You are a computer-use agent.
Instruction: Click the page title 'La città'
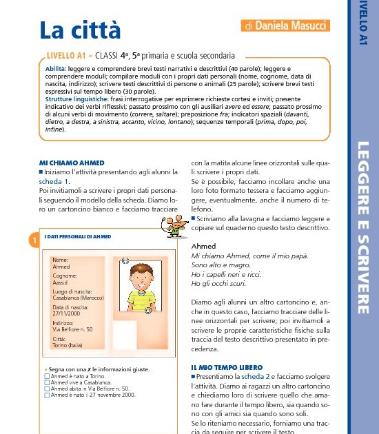(x=80, y=30)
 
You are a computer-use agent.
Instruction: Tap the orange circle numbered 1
(x=32, y=240)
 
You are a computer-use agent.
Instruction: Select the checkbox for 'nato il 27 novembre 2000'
(x=47, y=395)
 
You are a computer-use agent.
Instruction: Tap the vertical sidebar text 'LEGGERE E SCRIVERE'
(x=364, y=227)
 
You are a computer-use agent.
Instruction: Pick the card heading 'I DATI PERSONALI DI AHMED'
(x=77, y=236)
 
